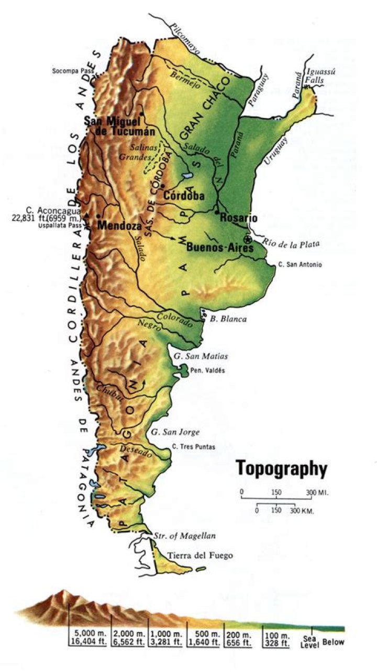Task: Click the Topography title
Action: click(281, 468)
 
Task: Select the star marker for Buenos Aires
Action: click(248, 239)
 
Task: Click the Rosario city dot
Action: click(217, 212)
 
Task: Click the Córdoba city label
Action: click(183, 195)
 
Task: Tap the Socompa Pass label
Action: click(71, 70)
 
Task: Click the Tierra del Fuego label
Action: click(199, 556)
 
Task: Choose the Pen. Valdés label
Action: click(208, 370)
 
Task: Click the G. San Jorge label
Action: click(175, 432)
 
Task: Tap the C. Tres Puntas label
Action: click(193, 447)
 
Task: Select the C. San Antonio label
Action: click(300, 264)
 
